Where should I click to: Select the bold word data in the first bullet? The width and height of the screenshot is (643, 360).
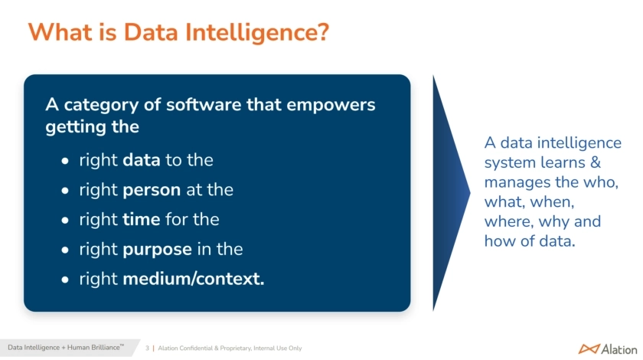click(142, 159)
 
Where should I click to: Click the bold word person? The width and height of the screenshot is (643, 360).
click(152, 190)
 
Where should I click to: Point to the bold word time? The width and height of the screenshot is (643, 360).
click(142, 219)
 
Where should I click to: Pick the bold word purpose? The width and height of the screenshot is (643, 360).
click(158, 250)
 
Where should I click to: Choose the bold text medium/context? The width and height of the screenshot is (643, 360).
click(194, 279)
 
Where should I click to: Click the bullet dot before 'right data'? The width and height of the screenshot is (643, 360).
click(65, 161)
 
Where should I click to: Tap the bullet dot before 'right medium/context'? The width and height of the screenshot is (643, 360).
click(65, 280)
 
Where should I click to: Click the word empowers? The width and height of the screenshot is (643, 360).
click(331, 105)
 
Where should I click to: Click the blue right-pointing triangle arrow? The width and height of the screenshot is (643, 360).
click(451, 192)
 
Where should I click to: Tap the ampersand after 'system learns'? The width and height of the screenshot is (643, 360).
click(595, 162)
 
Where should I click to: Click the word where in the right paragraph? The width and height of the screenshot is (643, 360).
click(508, 221)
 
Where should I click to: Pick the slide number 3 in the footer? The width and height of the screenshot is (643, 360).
click(147, 348)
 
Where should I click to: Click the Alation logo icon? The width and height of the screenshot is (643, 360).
click(589, 349)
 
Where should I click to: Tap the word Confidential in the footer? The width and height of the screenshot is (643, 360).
click(196, 348)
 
